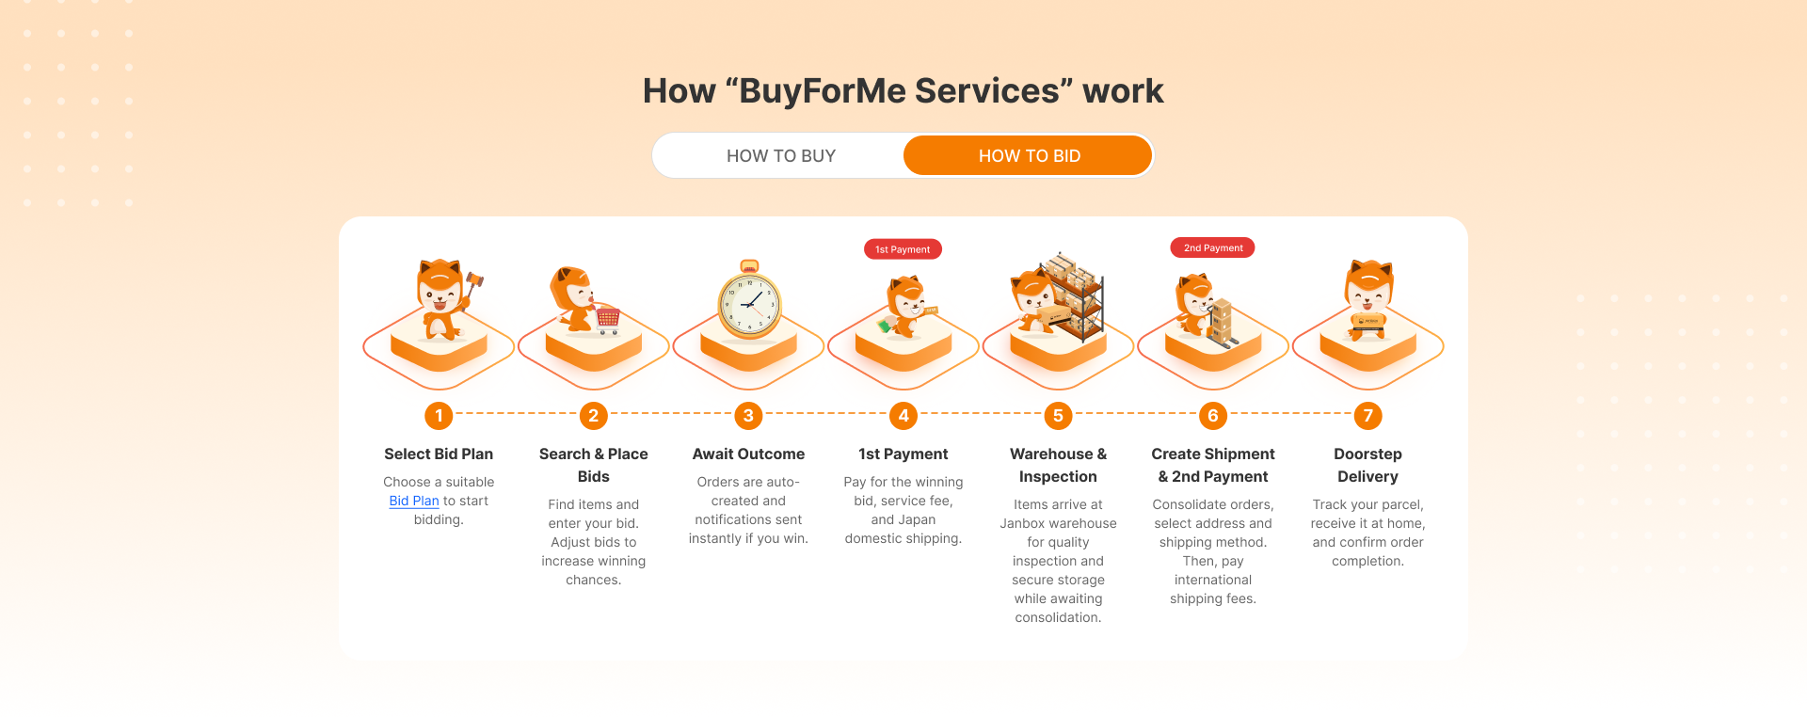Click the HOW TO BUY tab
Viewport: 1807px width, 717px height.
coord(780,155)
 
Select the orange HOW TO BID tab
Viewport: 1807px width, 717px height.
coord(1028,155)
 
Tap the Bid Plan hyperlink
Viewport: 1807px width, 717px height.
coord(414,501)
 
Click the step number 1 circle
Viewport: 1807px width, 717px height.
coord(439,415)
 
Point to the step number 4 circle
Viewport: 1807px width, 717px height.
coord(903,415)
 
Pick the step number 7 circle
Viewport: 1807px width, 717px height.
coord(1367,415)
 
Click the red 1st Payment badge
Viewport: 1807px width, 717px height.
coord(903,249)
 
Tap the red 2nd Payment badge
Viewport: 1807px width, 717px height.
coord(1212,247)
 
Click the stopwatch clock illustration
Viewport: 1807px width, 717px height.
coord(749,300)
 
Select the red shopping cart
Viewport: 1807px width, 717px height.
coord(608,320)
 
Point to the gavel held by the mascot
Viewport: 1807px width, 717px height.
coord(473,279)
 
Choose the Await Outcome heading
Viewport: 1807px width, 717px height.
coord(748,454)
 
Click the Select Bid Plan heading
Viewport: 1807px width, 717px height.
coord(439,454)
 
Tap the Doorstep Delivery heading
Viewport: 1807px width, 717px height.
coord(1367,465)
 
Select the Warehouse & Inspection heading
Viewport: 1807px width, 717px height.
coord(1058,465)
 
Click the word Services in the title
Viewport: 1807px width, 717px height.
coord(987,91)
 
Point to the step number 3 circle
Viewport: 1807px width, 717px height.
coord(748,415)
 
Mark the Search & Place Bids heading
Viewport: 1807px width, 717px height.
coord(593,465)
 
